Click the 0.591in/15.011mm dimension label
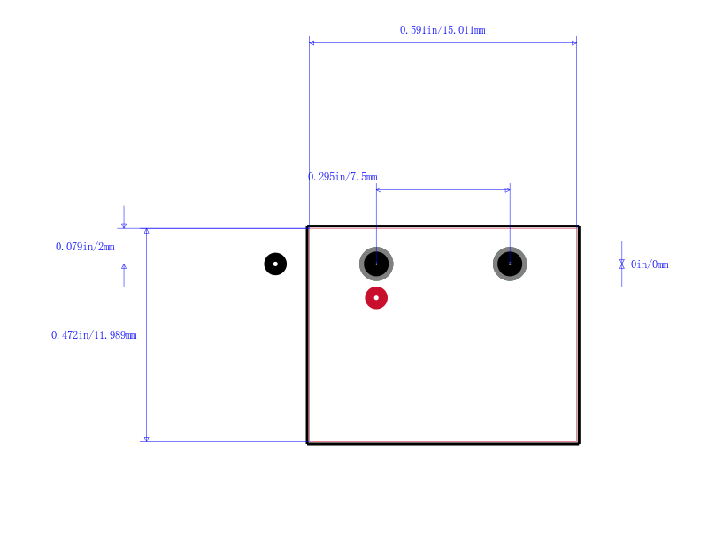tap(442, 30)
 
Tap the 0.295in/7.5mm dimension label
tap(342, 177)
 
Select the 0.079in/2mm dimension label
tap(85, 247)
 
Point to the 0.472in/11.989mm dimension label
tap(94, 335)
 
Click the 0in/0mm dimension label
tap(650, 264)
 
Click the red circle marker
tap(376, 298)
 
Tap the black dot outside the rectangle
tap(275, 264)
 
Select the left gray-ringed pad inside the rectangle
tap(376, 264)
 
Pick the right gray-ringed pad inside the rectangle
tap(510, 264)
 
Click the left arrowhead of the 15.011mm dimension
tap(312, 42)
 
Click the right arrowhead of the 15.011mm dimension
tap(573, 42)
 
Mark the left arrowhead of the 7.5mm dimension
tap(379, 190)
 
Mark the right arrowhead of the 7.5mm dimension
tap(507, 190)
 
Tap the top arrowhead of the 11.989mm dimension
tap(146, 231)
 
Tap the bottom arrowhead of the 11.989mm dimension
tap(146, 439)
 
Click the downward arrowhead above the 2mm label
tap(124, 226)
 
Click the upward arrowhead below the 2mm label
tap(124, 266)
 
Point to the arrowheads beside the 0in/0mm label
tap(622, 264)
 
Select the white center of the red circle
tap(376, 298)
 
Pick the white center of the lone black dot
tap(275, 264)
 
